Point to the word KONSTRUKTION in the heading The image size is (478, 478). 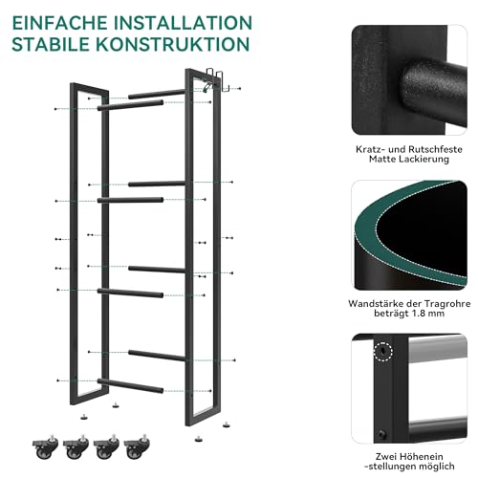(185, 45)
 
